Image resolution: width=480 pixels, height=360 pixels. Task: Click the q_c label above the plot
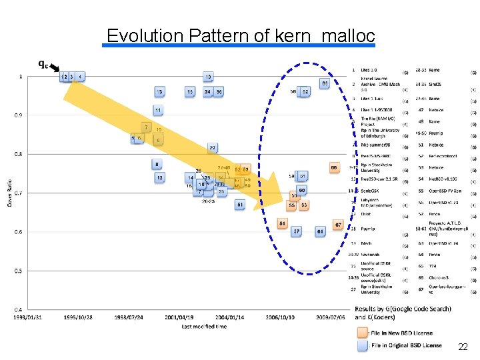pyautogui.click(x=42, y=64)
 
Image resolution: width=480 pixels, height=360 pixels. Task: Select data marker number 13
pyautogui.click(x=159, y=91)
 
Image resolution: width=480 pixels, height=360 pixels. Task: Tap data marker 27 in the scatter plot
pyautogui.click(x=212, y=148)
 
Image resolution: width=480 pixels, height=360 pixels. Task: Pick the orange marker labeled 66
pyautogui.click(x=333, y=168)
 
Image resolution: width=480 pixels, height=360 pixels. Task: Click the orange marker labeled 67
pyautogui.click(x=338, y=225)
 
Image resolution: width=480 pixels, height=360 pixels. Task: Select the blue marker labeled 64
pyautogui.click(x=321, y=231)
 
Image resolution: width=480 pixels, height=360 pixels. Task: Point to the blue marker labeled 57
pyautogui.click(x=297, y=231)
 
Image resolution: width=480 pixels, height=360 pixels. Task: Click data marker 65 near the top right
pyautogui.click(x=324, y=84)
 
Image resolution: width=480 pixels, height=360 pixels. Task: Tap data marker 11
pyautogui.click(x=158, y=110)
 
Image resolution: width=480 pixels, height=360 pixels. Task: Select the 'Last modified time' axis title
pyautogui.click(x=203, y=326)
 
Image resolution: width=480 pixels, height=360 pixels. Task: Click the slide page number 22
pyautogui.click(x=463, y=347)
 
